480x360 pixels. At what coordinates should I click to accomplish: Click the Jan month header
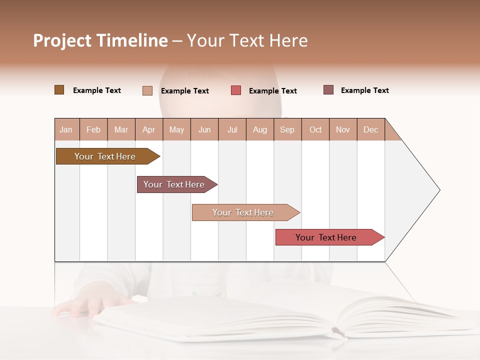66,129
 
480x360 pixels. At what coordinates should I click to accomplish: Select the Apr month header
148,129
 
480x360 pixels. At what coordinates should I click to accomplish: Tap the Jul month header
232,129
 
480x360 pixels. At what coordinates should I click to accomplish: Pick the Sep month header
287,129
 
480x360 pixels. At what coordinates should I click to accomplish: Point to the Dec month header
370,129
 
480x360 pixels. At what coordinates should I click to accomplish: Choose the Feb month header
93,129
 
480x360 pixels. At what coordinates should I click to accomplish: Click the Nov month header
342,129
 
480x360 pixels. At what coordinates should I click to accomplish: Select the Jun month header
204,129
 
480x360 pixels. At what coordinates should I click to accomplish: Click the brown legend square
59,90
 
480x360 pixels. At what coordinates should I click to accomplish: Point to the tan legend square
147,90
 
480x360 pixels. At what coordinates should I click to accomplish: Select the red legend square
236,90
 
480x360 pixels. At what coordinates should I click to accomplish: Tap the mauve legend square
328,90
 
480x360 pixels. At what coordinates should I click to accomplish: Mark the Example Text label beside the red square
272,91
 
